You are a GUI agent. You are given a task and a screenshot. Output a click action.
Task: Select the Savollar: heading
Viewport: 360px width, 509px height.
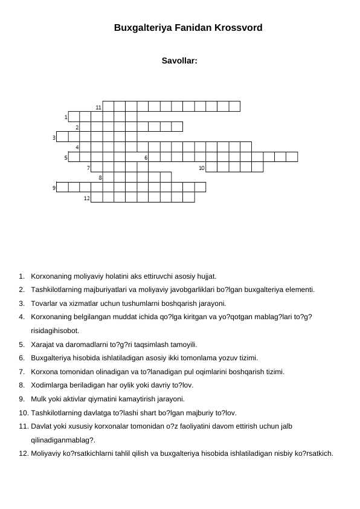[179, 60]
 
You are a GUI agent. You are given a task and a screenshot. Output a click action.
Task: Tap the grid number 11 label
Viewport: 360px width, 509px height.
[98, 107]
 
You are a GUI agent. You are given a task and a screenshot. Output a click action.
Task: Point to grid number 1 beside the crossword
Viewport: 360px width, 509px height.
[66, 117]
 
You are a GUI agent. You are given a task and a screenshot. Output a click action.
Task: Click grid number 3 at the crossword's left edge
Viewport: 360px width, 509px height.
[54, 138]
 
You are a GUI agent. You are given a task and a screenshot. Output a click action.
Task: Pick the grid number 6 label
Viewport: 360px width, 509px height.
[146, 158]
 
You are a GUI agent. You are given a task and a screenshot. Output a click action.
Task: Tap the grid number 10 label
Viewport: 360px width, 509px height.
[202, 168]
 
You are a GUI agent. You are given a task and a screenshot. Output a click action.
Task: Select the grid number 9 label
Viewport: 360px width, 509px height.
[54, 188]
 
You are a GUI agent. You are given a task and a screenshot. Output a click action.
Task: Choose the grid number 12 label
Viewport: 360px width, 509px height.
[86, 198]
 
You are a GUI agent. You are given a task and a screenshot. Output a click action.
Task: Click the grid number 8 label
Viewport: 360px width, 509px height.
[100, 178]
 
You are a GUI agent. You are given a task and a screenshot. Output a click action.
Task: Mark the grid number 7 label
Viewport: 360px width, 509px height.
[89, 168]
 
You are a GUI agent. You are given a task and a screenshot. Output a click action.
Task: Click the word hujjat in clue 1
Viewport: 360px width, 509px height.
[207, 277]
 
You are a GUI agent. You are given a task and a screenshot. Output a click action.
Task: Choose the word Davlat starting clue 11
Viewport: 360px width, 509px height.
[41, 426]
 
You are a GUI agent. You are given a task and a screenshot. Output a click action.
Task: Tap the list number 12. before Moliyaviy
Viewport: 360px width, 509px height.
[24, 453]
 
